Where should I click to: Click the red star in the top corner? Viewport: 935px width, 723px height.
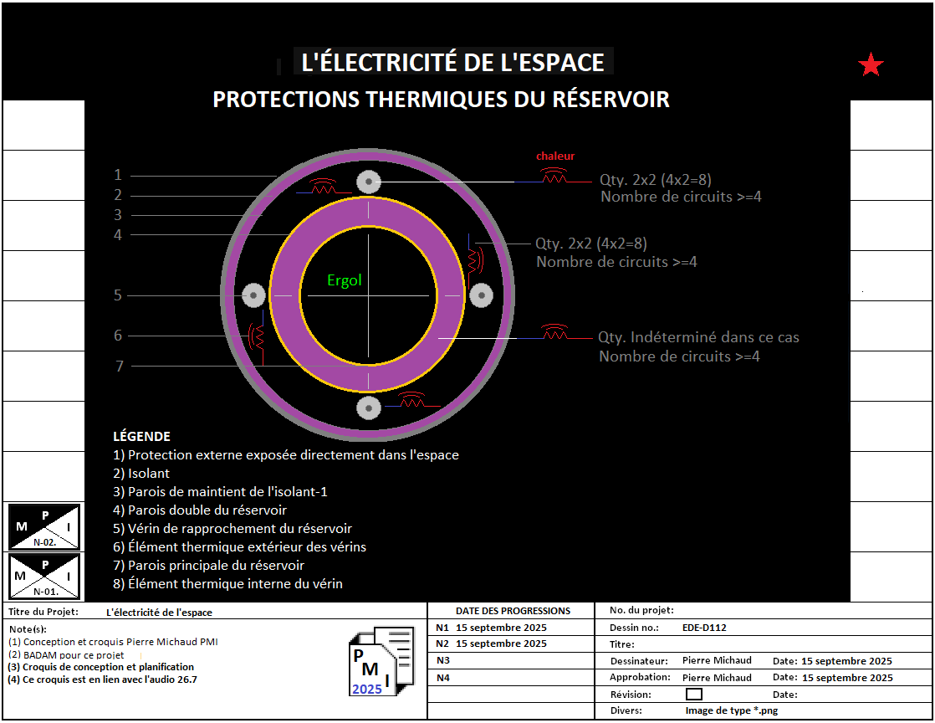coord(871,65)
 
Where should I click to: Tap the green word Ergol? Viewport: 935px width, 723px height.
coord(345,280)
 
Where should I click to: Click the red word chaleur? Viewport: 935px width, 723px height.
coord(555,156)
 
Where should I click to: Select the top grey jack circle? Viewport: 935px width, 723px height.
coord(368,182)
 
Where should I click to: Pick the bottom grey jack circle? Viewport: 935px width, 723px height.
coord(368,408)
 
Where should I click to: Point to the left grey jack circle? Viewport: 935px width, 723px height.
coord(253,295)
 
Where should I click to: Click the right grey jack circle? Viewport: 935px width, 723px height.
coord(482,295)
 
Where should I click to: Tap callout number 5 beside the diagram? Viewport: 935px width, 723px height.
coord(118,295)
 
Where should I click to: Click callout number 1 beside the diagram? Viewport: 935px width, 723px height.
coord(118,175)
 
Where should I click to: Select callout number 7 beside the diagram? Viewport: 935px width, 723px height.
coord(120,366)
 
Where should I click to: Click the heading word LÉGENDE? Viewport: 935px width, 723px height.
coord(141,436)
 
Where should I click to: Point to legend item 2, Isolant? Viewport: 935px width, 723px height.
coord(141,474)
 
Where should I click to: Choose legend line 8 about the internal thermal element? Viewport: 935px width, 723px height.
coord(227,584)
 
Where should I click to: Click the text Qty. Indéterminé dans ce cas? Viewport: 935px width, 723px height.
coord(698,338)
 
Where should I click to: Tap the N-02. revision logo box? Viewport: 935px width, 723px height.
coord(44,526)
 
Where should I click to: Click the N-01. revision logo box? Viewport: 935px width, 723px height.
coord(44,577)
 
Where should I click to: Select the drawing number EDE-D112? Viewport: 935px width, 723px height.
coord(703,627)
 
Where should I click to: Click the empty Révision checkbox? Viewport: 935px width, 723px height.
coord(693,694)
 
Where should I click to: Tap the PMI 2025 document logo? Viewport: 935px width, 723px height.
coord(381,662)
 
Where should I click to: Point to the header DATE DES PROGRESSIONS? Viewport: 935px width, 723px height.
coord(513,611)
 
